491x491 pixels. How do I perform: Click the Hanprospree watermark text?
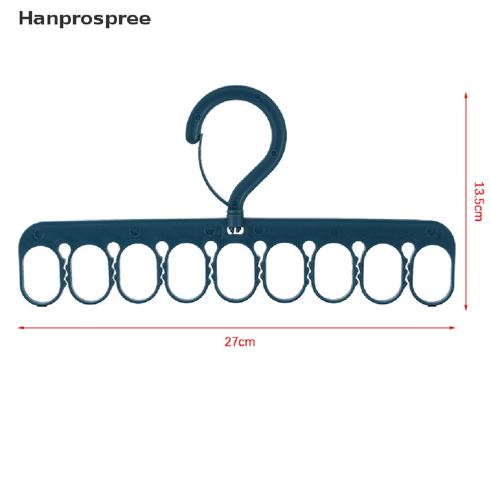click(x=84, y=19)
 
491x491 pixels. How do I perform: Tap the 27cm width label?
click(x=240, y=342)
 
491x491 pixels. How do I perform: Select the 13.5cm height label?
click(x=478, y=201)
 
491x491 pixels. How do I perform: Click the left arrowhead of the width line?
click(x=21, y=328)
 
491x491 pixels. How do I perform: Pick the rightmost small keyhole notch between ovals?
click(x=408, y=249)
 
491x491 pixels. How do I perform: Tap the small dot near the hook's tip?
click(x=198, y=117)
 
